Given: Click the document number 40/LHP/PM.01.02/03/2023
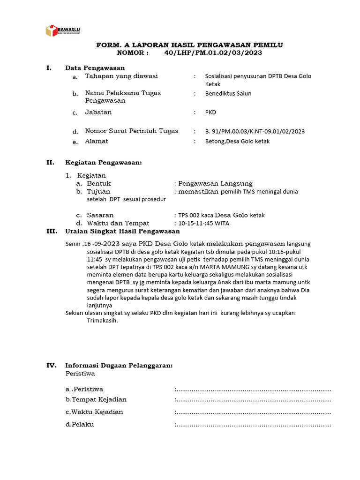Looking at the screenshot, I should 213,53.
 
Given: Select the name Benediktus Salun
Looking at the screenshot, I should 228,93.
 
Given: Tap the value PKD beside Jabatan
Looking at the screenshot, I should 211,112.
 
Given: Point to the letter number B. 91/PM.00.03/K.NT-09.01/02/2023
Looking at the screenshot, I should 255,131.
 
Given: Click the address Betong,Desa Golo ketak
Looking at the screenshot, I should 237,141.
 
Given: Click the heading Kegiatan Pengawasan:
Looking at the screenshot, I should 103,163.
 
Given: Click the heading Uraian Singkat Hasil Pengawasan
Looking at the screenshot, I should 122,232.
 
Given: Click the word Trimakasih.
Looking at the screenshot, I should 102,321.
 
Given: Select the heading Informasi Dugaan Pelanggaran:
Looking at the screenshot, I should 119,366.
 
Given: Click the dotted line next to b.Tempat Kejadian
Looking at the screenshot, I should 253,400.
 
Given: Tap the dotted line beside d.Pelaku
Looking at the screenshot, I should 253,425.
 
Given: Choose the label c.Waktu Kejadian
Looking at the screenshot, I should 94,412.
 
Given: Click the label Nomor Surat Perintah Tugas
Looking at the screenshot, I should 132,131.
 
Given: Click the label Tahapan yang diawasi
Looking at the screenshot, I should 121,76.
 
